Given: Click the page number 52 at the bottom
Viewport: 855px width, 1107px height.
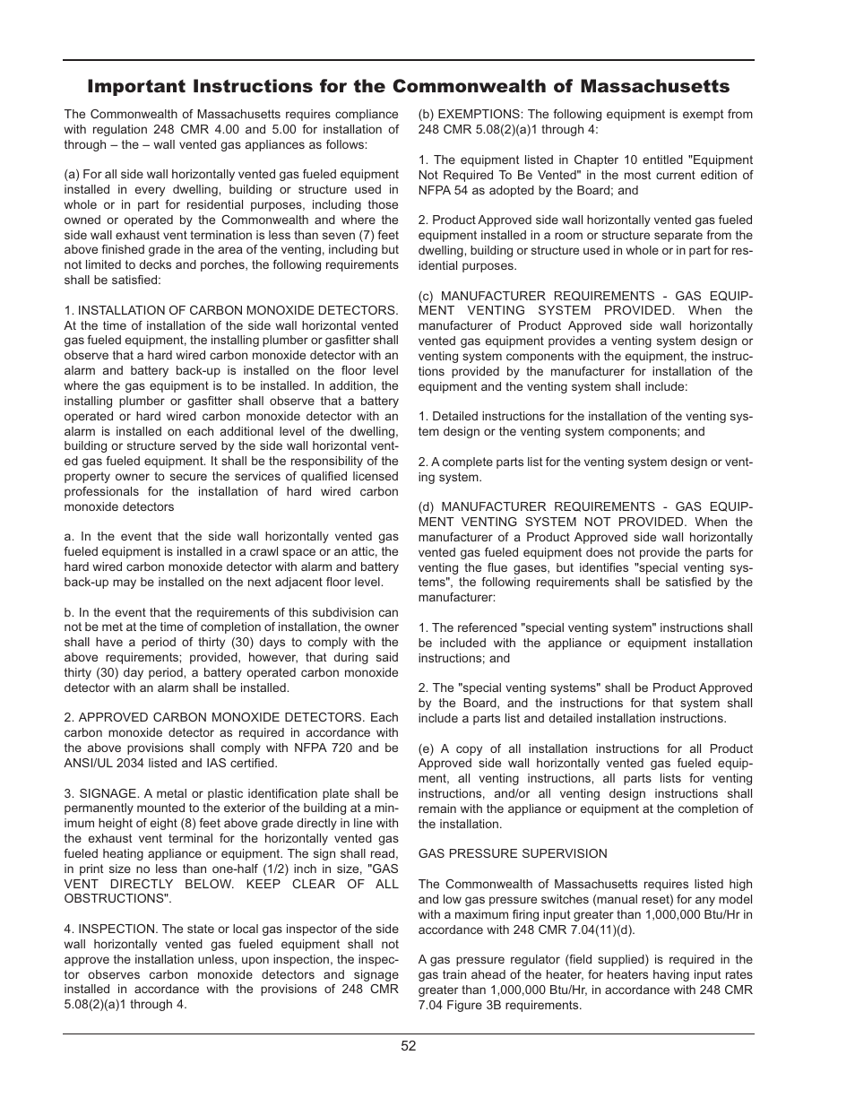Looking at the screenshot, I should [x=409, y=1045].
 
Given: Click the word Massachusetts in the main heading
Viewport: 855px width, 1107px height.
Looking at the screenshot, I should [x=655, y=86].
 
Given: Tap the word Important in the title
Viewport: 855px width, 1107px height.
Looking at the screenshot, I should [x=130, y=86].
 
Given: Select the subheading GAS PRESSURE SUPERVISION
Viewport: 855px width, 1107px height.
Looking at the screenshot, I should [x=513, y=853].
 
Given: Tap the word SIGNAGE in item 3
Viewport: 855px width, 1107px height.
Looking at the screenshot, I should [x=107, y=793].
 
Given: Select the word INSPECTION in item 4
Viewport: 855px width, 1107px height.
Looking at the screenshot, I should [x=117, y=929].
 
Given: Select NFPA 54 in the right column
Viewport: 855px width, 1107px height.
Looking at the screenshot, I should [x=445, y=190].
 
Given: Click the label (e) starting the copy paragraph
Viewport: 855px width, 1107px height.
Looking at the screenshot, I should [x=427, y=748].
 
